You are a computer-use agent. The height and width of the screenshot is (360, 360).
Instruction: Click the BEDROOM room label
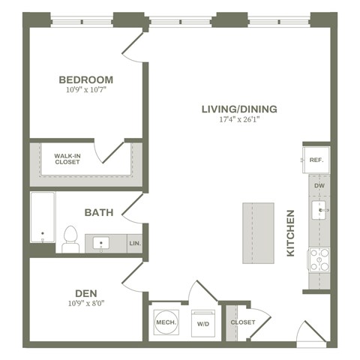(85, 79)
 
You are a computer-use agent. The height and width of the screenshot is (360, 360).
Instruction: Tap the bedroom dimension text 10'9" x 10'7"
(85, 91)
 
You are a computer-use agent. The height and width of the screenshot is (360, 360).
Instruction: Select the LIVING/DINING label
(239, 109)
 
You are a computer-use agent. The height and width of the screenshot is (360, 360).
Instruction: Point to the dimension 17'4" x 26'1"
(239, 120)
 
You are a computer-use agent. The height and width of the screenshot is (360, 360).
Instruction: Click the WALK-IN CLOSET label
(67, 159)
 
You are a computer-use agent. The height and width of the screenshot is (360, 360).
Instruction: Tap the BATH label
(98, 212)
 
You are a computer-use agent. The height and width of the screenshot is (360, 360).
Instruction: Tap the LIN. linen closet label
(135, 244)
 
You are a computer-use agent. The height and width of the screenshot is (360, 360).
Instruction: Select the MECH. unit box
(165, 322)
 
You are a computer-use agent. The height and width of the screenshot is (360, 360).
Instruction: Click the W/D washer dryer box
(202, 323)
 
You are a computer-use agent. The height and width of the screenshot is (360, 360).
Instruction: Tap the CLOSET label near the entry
(242, 322)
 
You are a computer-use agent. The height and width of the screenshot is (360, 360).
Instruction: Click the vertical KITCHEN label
(291, 232)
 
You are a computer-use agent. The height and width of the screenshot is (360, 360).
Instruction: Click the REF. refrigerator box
(316, 160)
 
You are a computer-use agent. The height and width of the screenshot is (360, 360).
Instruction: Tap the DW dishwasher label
(319, 185)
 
